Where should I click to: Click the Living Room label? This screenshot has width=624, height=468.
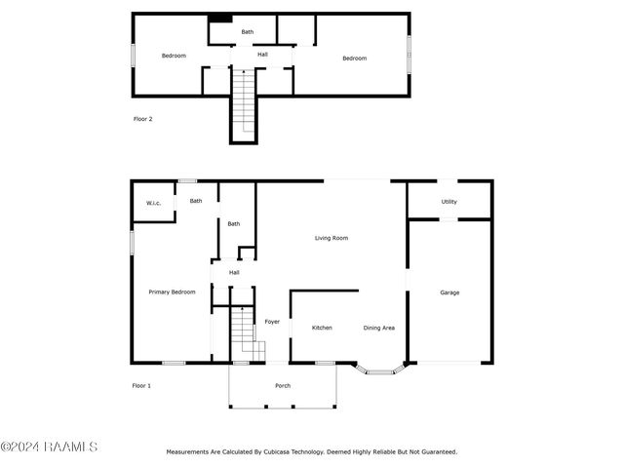[331, 238]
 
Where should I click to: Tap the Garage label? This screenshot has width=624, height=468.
[449, 292]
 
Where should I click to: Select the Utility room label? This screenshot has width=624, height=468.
[448, 202]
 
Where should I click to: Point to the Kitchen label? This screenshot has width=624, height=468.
[322, 328]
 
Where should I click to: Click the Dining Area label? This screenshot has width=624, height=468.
[379, 328]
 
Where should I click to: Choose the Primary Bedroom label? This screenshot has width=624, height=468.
[172, 292]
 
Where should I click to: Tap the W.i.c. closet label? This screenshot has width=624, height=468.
[154, 204]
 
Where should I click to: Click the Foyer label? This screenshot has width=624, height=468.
[272, 322]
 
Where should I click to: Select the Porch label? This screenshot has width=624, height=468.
[283, 386]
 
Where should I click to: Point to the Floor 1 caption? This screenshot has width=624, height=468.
[141, 386]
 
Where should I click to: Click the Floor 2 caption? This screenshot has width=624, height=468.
[143, 119]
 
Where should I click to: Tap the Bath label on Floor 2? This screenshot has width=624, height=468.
[247, 32]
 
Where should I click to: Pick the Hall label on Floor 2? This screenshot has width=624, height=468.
[262, 55]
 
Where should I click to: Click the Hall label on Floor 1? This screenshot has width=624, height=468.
[234, 273]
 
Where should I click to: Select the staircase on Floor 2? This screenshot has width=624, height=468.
[244, 100]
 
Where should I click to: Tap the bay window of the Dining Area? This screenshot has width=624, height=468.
[379, 371]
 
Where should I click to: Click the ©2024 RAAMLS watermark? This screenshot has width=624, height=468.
[49, 447]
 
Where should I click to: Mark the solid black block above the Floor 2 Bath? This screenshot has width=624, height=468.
[220, 19]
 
